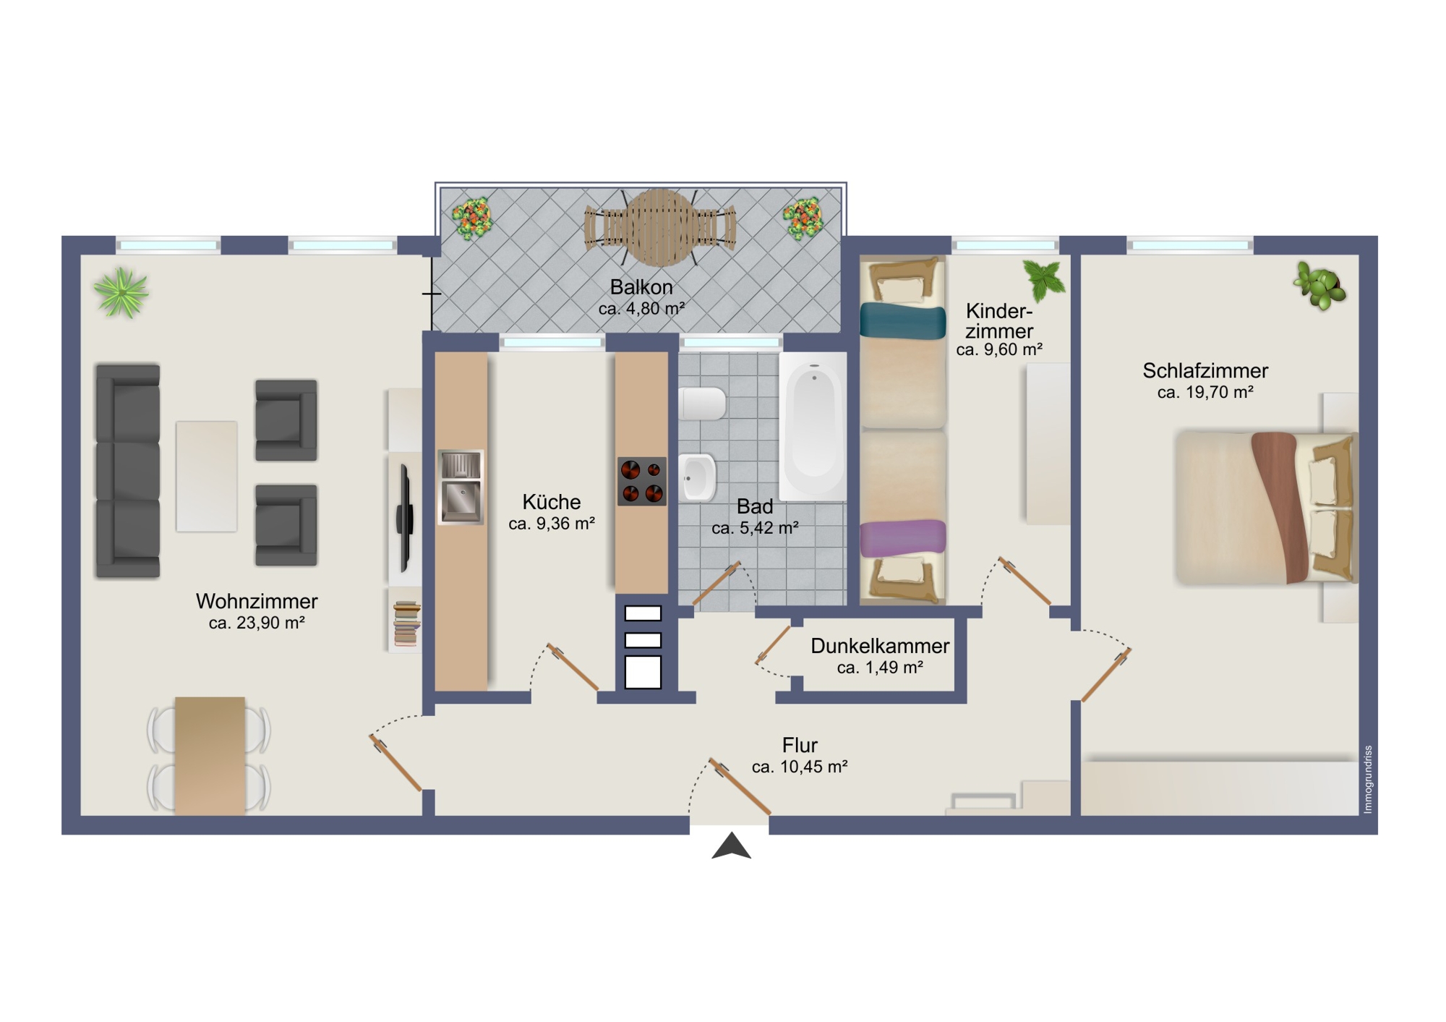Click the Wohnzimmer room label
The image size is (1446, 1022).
click(257, 601)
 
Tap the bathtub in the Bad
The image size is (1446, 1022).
click(813, 427)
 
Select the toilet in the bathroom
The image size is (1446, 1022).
click(702, 404)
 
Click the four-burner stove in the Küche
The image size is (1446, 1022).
click(642, 481)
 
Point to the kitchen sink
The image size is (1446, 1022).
click(461, 487)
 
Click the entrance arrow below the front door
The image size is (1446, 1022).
click(731, 846)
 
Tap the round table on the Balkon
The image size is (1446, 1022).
click(660, 227)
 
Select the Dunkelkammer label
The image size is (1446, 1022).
click(880, 646)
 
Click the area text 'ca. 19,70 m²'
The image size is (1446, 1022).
click(1205, 393)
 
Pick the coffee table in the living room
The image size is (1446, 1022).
click(207, 477)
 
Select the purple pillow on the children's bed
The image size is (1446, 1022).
click(903, 538)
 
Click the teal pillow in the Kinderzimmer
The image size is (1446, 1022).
click(903, 322)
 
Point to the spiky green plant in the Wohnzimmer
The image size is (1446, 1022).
click(121, 292)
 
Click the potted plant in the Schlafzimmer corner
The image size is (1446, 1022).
click(1319, 286)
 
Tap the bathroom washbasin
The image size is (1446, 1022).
click(698, 477)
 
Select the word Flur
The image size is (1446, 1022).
click(800, 745)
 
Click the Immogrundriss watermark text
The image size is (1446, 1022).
click(1367, 780)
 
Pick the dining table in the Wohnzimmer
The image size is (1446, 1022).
click(210, 756)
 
